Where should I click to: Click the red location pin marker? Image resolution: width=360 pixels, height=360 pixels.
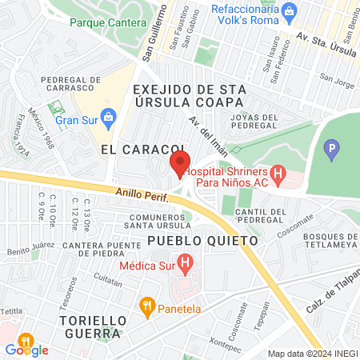(179, 164)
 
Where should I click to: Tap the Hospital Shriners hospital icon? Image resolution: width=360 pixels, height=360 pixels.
(278, 172)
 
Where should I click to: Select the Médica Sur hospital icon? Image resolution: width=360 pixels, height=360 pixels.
(185, 261)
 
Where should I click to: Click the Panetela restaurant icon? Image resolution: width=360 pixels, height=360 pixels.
(146, 305)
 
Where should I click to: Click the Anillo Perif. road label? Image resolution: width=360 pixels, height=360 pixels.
(139, 195)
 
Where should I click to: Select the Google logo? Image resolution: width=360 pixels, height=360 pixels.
(27, 350)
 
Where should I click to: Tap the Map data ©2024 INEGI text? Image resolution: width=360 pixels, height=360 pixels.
(310, 354)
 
